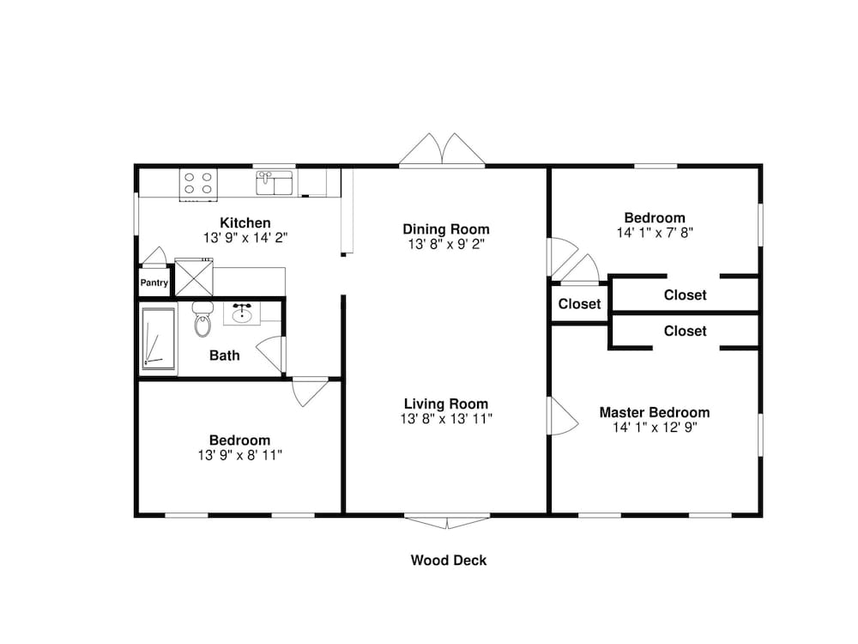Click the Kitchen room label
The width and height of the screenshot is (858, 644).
[x=245, y=223]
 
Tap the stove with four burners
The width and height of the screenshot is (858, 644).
[x=197, y=184]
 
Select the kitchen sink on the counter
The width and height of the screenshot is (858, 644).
[x=274, y=183]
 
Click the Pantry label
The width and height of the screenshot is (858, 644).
[x=154, y=283]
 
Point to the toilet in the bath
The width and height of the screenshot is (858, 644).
[x=202, y=319]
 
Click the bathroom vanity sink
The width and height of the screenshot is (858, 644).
[x=242, y=313]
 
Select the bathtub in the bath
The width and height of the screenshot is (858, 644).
[x=158, y=341]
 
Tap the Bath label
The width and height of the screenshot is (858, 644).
[x=225, y=355]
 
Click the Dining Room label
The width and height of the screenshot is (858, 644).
[x=446, y=229]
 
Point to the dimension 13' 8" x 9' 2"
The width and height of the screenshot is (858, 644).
[x=446, y=245]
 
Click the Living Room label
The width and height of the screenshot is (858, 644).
[x=446, y=404]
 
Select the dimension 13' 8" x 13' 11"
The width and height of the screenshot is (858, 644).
[x=446, y=419]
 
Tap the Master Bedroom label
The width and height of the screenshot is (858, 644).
[x=655, y=412]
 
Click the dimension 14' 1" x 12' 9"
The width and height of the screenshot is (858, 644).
[x=655, y=428]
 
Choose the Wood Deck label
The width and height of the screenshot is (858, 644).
[x=449, y=561]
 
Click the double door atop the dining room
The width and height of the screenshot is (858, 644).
[x=442, y=150]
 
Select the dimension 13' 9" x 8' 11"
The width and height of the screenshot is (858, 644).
[x=240, y=455]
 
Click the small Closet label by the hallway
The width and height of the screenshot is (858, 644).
[x=580, y=304]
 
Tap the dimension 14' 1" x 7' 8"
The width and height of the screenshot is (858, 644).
[x=655, y=233]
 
